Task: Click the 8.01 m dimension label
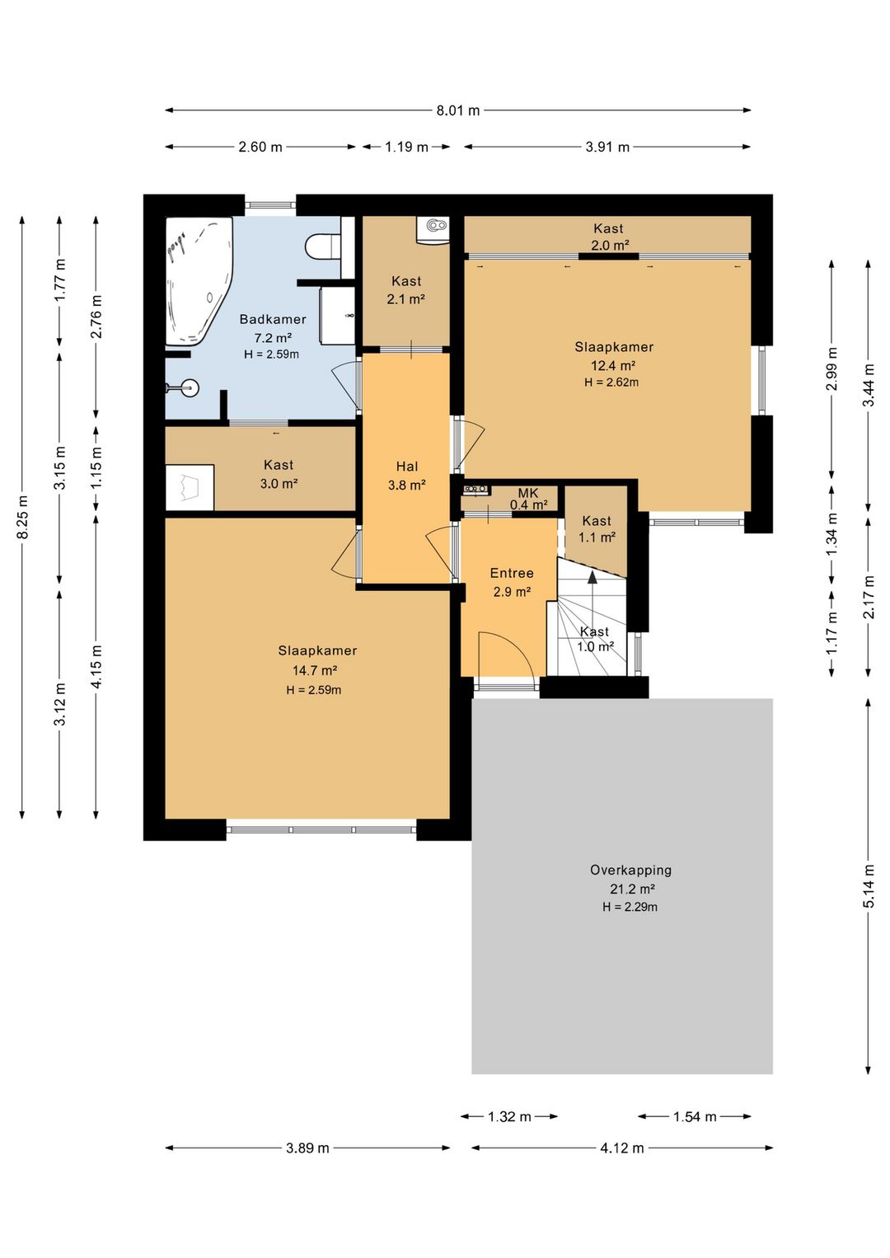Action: [458, 110]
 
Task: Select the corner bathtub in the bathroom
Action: [199, 281]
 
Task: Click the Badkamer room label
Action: [273, 320]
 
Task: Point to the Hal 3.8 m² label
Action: [406, 475]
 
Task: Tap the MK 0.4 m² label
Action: [528, 499]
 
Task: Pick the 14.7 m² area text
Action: [315, 670]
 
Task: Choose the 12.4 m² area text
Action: [613, 365]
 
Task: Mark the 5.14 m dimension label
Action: [869, 885]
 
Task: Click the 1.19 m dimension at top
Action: [406, 147]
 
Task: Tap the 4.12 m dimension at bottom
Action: [622, 1148]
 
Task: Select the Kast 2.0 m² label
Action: [609, 237]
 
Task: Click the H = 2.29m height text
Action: [630, 907]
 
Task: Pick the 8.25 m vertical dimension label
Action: [23, 517]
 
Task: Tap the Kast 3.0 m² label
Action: [279, 474]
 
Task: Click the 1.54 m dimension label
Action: [696, 1116]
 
